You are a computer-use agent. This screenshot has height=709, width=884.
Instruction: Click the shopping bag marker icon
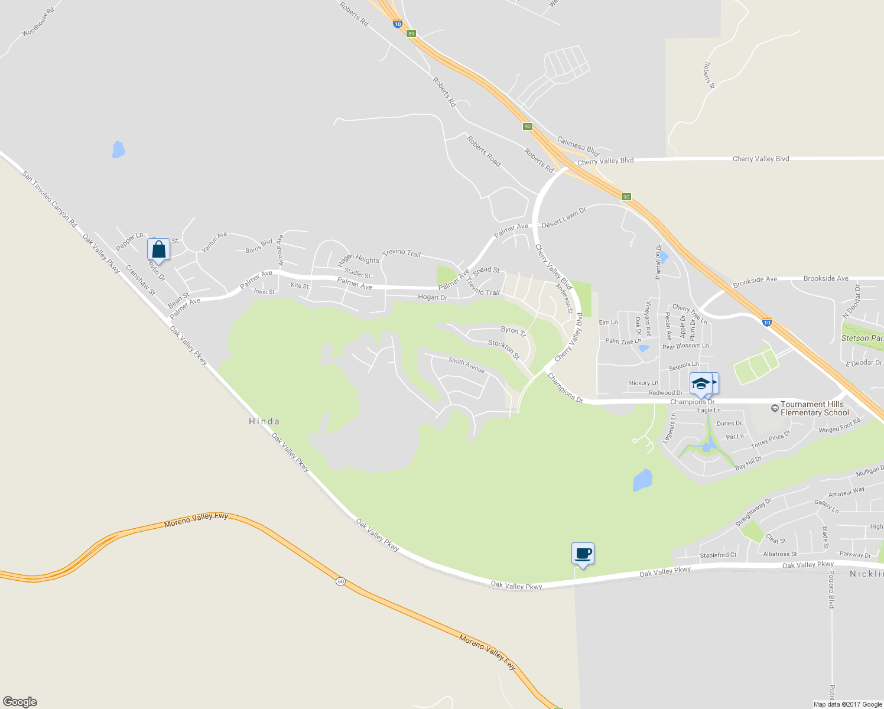click(158, 249)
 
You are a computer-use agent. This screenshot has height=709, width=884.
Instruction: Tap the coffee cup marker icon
click(583, 554)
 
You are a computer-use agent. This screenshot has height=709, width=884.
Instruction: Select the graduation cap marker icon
click(701, 383)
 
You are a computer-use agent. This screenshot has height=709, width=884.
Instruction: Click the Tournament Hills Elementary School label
click(814, 408)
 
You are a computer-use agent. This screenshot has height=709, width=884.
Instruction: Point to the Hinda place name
click(264, 421)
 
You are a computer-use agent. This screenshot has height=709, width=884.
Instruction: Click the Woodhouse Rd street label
click(38, 22)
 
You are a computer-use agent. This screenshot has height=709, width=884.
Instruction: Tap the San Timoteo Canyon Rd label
click(50, 199)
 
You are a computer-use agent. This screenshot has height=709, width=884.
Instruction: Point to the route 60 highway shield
click(340, 581)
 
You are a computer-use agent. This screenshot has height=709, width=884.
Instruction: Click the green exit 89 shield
click(411, 34)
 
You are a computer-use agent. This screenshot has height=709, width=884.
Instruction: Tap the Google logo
click(19, 702)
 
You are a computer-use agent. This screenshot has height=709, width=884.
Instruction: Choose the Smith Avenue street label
click(466, 365)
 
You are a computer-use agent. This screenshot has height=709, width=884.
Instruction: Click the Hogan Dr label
click(433, 297)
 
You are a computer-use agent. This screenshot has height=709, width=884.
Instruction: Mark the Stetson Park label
click(862, 339)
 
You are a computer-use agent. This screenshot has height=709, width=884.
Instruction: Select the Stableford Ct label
click(718, 555)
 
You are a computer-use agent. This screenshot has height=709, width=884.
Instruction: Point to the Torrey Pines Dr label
click(771, 440)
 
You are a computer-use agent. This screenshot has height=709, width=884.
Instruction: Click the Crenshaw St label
click(140, 280)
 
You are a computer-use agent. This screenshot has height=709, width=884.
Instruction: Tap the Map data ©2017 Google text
click(847, 704)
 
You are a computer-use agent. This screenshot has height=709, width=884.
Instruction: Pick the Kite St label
click(300, 286)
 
